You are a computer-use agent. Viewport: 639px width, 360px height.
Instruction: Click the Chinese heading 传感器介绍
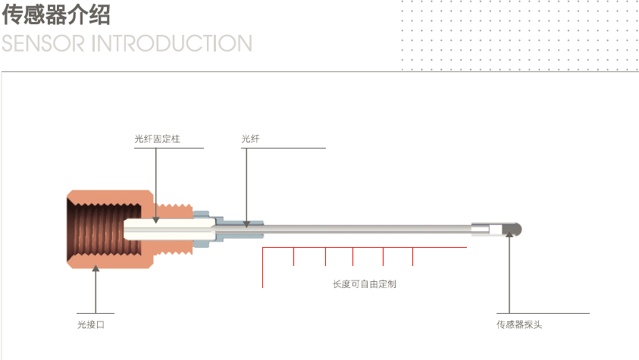pos(57,15)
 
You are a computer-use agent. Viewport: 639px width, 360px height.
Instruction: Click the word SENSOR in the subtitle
pos(42,44)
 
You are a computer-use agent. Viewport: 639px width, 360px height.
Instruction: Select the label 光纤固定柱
pos(156,139)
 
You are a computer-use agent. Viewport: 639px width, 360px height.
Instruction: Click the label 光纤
pos(250,139)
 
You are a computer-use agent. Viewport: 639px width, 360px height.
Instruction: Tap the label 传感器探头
pos(519,324)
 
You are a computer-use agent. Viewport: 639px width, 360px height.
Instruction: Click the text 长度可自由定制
pos(364,284)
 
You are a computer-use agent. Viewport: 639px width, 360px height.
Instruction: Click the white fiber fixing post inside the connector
pos(163,227)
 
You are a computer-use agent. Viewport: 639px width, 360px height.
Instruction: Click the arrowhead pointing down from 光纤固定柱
pos(156,220)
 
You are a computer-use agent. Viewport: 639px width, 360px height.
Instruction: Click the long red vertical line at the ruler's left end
pos(262,267)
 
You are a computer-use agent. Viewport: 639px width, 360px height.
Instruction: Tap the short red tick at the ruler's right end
pos(412,256)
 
